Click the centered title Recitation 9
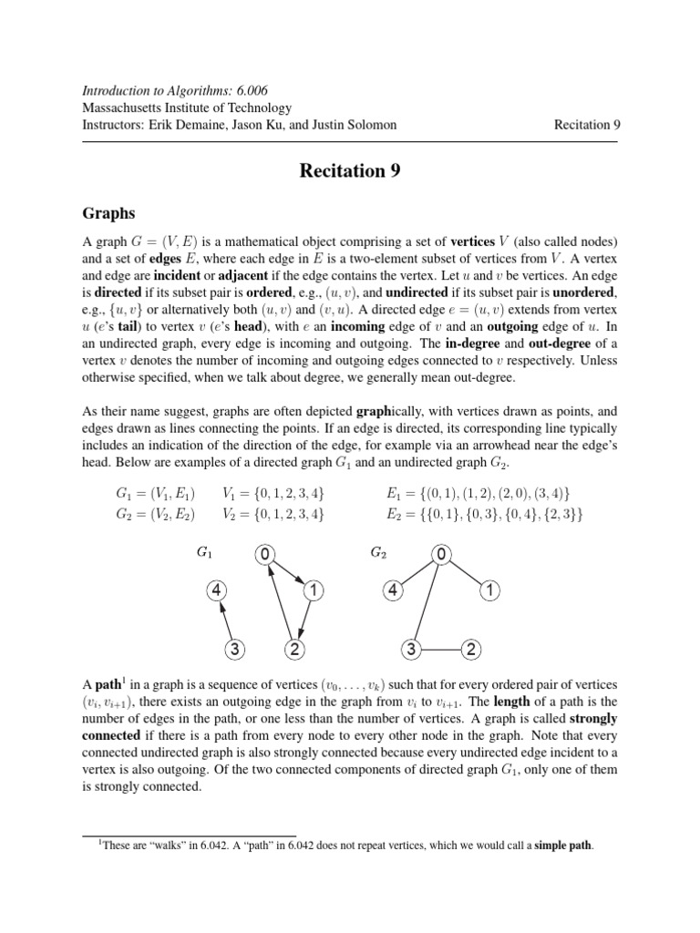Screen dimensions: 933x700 tap(350, 170)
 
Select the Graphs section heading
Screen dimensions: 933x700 tap(109, 213)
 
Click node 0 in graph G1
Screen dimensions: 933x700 tap(264, 554)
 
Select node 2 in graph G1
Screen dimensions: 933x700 tap(294, 650)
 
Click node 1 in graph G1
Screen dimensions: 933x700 tap(313, 590)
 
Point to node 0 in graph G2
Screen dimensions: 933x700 tap(440, 554)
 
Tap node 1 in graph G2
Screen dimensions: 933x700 tap(489, 590)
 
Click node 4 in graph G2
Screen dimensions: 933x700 tap(392, 590)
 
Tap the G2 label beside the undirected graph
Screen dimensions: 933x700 tap(379, 552)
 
